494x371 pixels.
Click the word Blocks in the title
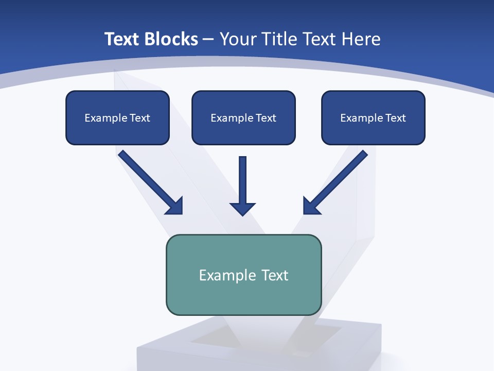(168, 39)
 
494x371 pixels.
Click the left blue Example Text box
(117, 117)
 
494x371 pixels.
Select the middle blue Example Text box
(243, 117)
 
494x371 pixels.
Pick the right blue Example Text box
(373, 117)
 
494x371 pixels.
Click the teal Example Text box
(243, 275)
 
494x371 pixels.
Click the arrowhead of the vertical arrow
(243, 209)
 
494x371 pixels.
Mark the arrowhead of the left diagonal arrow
(175, 206)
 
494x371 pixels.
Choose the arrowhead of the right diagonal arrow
(311, 206)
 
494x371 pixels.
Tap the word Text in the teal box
(275, 275)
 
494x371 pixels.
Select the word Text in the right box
(396, 118)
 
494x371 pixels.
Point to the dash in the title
(208, 39)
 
